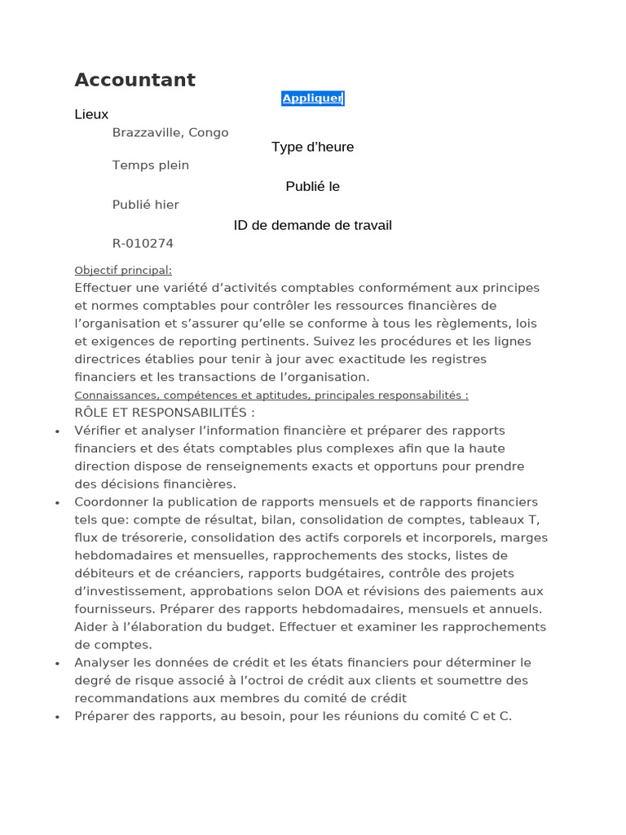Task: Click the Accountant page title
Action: [x=134, y=80]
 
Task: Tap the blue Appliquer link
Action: [x=312, y=99]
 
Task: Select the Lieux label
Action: [x=91, y=114]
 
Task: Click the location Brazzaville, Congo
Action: [x=170, y=132]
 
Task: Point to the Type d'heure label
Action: [x=312, y=147]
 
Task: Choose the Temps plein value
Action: [x=151, y=165]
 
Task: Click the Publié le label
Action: [x=312, y=186]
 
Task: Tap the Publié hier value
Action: [x=146, y=205]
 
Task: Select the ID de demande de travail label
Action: [x=312, y=225]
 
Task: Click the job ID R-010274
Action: [x=143, y=243]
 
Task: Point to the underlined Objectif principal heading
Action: [x=123, y=270]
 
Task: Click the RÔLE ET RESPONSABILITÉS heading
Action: [x=165, y=413]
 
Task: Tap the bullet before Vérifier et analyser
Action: [x=57, y=431]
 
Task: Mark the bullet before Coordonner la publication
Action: [x=57, y=503]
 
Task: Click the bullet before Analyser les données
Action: [x=57, y=664]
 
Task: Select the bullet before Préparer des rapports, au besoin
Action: [x=57, y=718]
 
